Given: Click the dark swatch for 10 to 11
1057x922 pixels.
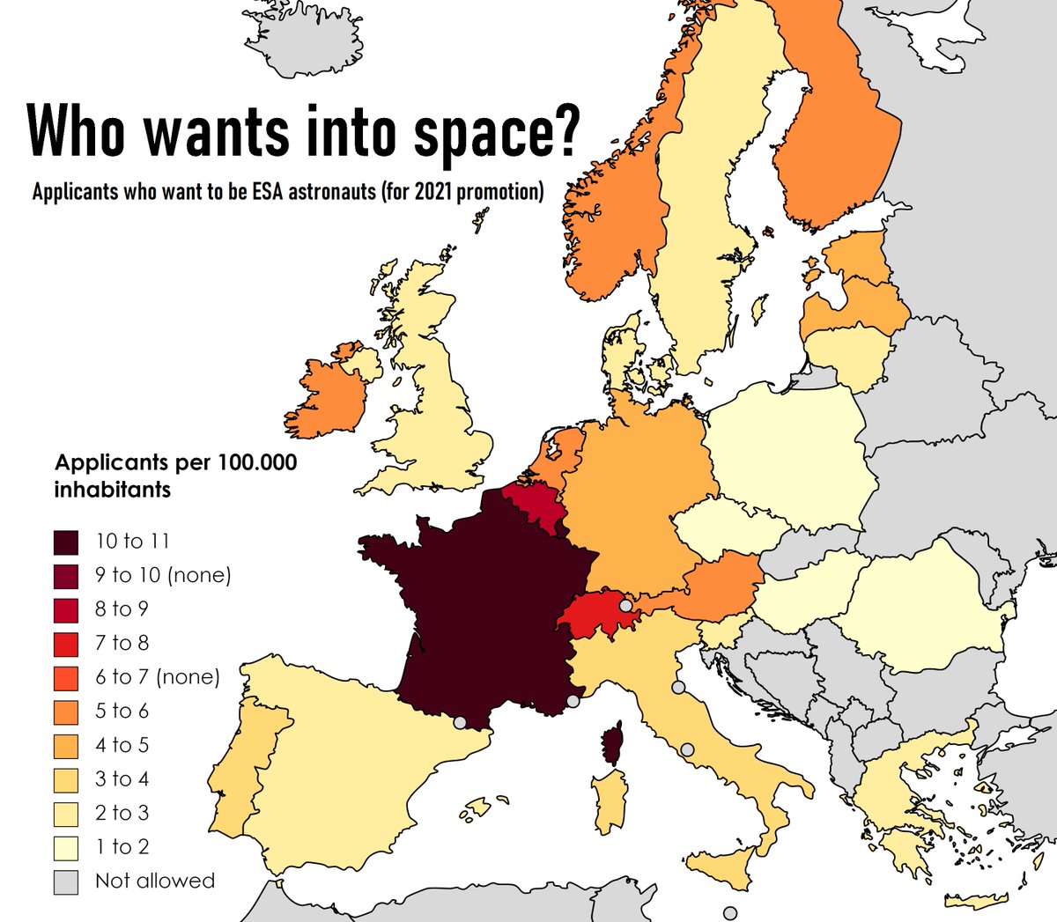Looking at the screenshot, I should point(66,542).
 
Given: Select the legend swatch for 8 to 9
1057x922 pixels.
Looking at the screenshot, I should point(66,609).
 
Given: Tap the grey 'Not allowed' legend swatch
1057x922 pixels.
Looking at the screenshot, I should point(66,881).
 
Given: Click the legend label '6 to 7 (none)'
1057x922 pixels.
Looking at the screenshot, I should point(157,677).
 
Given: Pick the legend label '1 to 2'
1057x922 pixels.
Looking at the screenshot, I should point(122,847).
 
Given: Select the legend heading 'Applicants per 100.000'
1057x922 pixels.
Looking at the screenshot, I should point(175,462).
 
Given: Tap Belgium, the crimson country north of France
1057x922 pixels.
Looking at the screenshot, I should point(532,509).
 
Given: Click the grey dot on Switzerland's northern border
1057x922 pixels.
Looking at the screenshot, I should point(625,606).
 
